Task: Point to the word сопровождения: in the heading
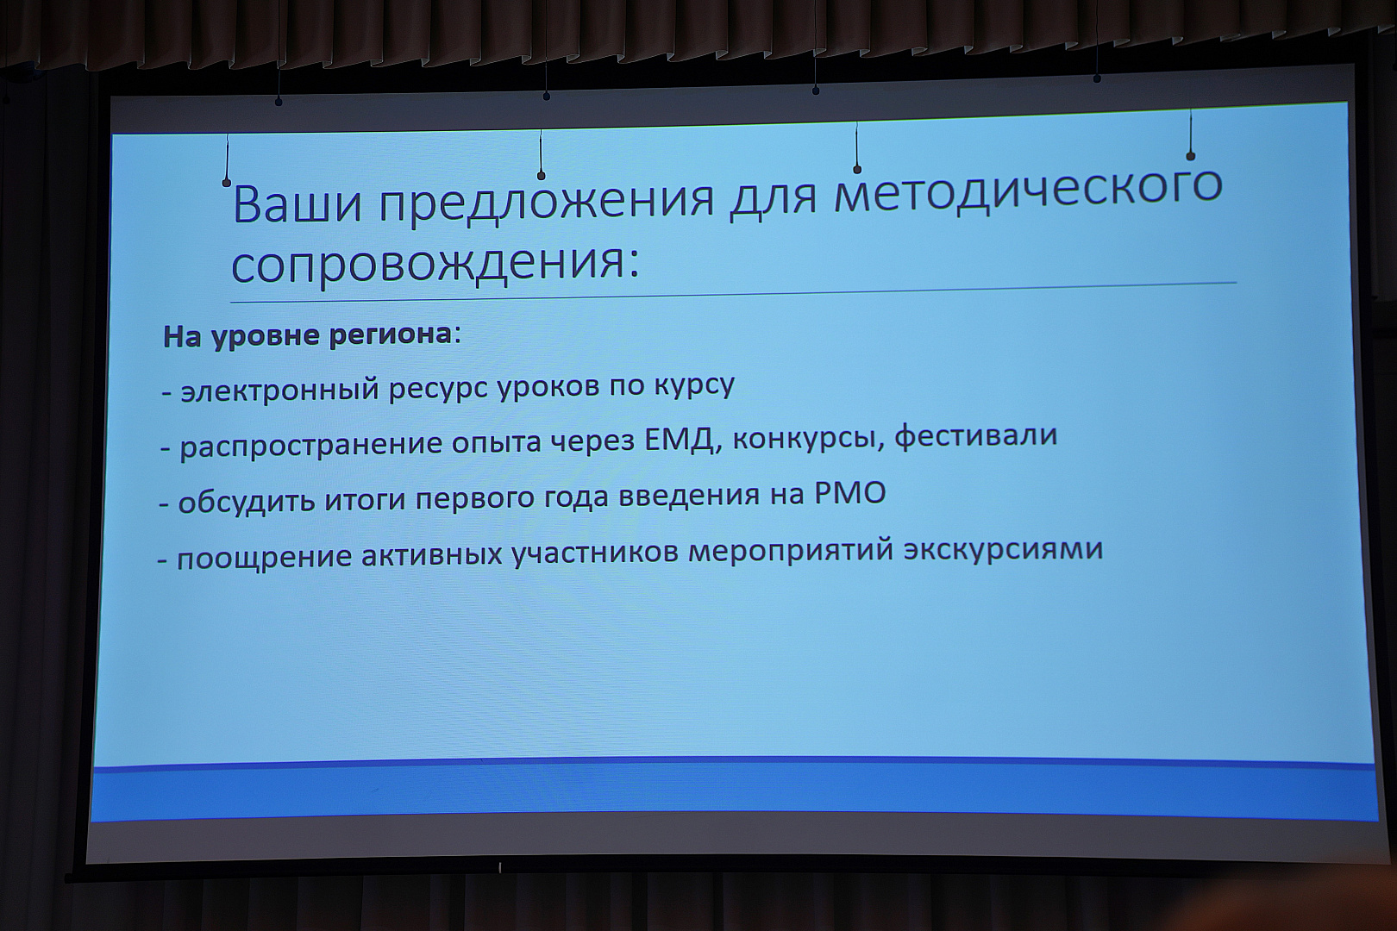[x=435, y=263]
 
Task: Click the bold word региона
[x=391, y=335]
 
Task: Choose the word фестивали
[x=975, y=436]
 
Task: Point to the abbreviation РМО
[x=850, y=494]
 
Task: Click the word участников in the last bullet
[x=595, y=554]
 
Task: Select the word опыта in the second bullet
[x=497, y=444]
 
